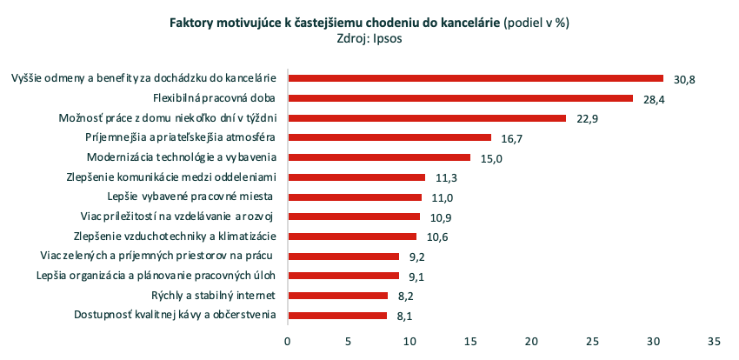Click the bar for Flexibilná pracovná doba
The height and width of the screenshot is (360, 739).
point(460,98)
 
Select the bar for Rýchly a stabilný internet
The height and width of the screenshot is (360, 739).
point(337,295)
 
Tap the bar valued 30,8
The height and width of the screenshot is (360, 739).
point(475,78)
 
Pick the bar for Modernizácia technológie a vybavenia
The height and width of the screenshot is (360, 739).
point(378,157)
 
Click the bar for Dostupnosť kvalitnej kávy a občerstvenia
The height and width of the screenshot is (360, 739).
point(336,315)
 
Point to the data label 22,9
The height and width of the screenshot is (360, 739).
point(587,118)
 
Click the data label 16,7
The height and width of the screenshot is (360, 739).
point(511,138)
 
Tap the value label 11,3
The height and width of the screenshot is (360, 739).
point(445,177)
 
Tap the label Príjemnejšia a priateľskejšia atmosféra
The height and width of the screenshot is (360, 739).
point(181,137)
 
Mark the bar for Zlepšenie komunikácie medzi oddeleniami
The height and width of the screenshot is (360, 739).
point(356,177)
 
